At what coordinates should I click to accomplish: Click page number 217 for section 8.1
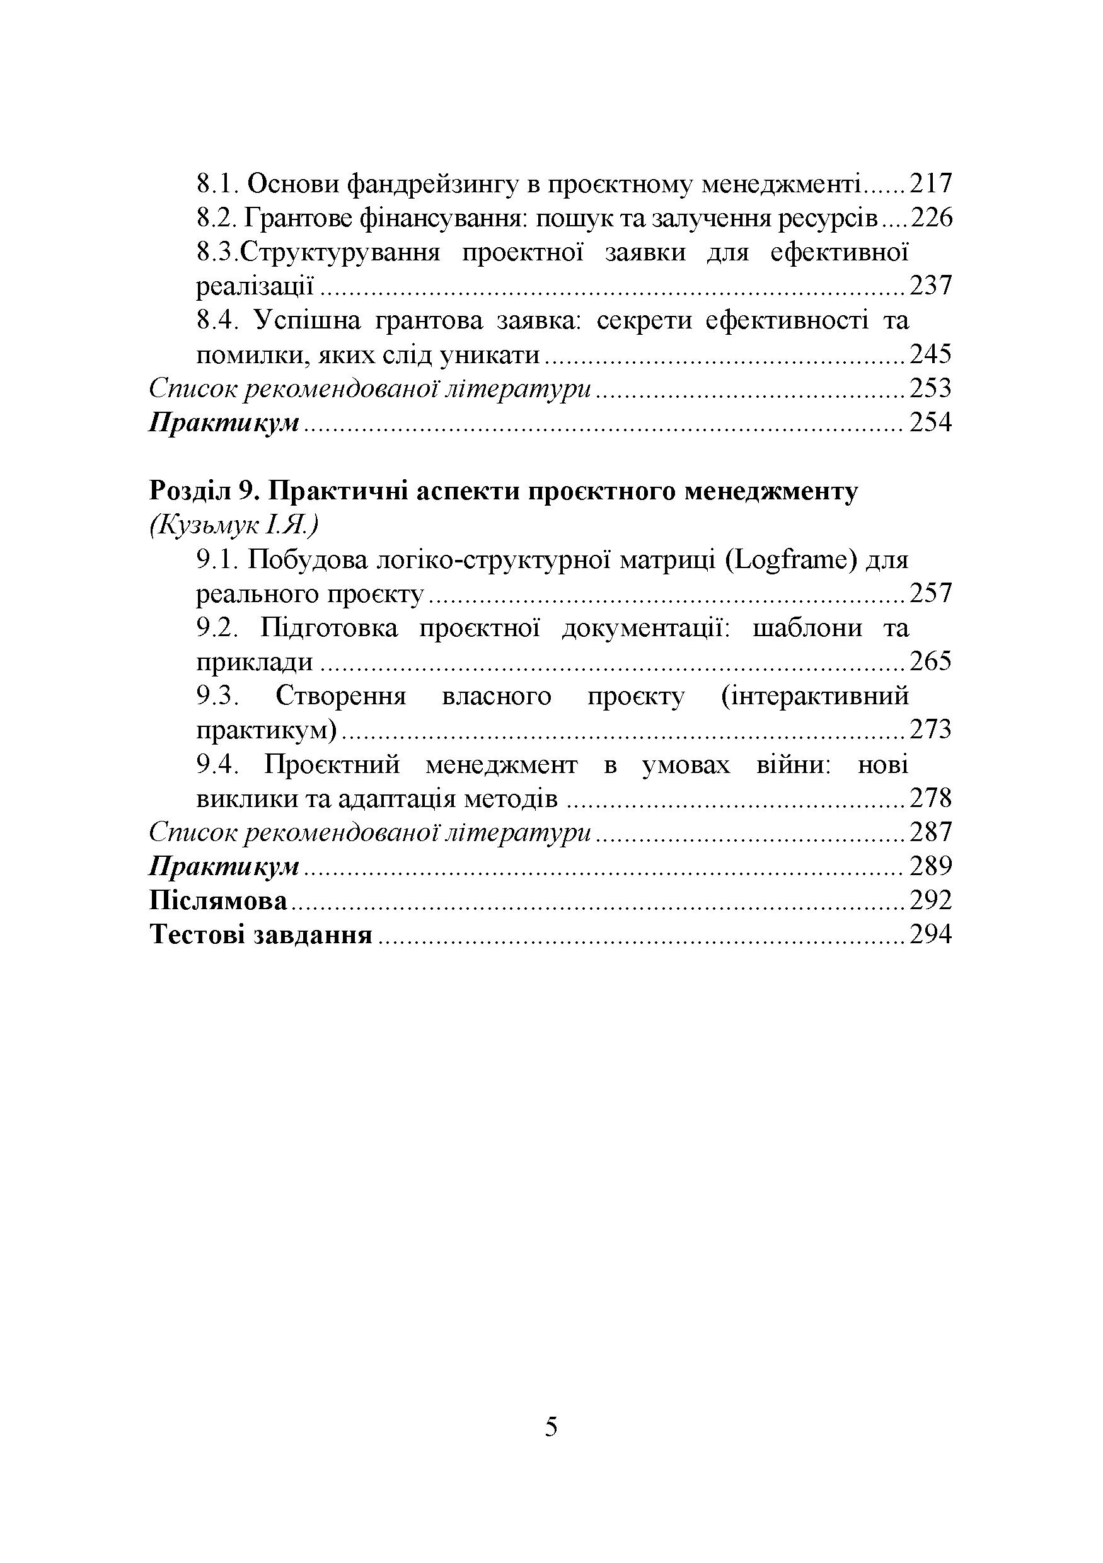coord(930,184)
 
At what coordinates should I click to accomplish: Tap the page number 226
coord(931,218)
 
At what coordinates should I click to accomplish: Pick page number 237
coord(930,286)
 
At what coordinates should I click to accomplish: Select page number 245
coord(930,355)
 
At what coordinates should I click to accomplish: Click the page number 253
coord(930,389)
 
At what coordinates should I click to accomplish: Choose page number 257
coord(930,594)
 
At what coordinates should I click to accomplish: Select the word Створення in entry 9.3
coord(341,697)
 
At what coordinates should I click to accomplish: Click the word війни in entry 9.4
coord(793,765)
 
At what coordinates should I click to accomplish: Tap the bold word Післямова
coord(217,902)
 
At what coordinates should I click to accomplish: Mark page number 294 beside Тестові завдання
coord(930,936)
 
